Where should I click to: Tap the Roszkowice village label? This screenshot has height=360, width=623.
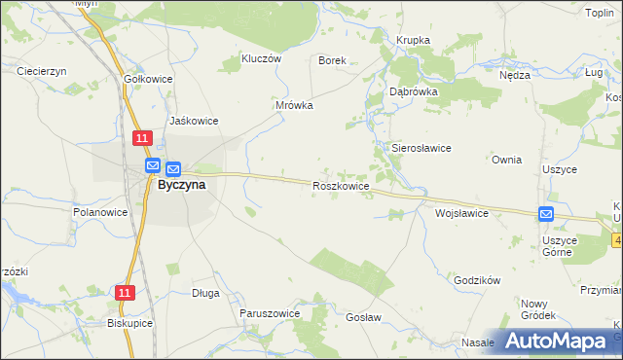coord(340,185)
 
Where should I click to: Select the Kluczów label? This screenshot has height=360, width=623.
coord(260,58)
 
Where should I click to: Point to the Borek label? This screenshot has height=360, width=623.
coord(333,59)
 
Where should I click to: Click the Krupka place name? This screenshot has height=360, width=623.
coord(413,40)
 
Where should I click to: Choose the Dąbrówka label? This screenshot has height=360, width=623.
coord(414,90)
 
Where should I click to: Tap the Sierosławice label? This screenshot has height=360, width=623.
coord(421,148)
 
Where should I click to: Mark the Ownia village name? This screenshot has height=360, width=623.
coord(507,160)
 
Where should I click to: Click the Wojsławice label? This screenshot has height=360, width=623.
coord(461,212)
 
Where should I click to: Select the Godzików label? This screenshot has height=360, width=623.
coord(477,279)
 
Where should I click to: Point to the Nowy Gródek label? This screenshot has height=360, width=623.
coord(537,309)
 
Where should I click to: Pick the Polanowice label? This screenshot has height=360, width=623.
coord(101,211)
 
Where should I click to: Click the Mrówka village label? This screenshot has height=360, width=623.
coord(294,105)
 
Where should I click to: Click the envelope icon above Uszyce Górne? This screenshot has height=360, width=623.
coord(546,214)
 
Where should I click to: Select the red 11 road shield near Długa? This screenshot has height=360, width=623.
coord(124,292)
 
